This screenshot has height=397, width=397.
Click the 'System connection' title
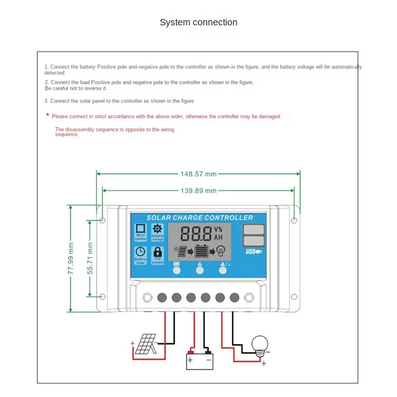[198, 22]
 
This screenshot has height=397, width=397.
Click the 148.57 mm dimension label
[198, 174]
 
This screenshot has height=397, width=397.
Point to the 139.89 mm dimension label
[198, 191]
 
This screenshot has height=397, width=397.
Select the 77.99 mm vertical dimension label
[71, 258]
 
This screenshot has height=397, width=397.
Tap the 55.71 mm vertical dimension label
[90, 258]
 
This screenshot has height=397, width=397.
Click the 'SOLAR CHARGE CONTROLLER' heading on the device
[199, 218]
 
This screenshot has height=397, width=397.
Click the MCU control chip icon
[140, 229]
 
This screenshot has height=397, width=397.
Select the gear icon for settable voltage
[158, 229]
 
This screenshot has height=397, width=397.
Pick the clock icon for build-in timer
[140, 252]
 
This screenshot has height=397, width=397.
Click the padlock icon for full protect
[158, 252]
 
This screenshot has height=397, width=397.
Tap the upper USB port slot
[254, 230]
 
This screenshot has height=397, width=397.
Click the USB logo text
[254, 252]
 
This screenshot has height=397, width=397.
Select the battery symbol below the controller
[198, 360]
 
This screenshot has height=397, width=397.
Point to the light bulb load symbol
[260, 344]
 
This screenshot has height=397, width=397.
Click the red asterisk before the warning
[48, 115]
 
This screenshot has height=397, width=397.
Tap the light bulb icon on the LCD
[221, 251]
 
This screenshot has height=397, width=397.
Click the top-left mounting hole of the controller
[102, 220]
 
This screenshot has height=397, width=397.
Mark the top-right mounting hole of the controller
[294, 220]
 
